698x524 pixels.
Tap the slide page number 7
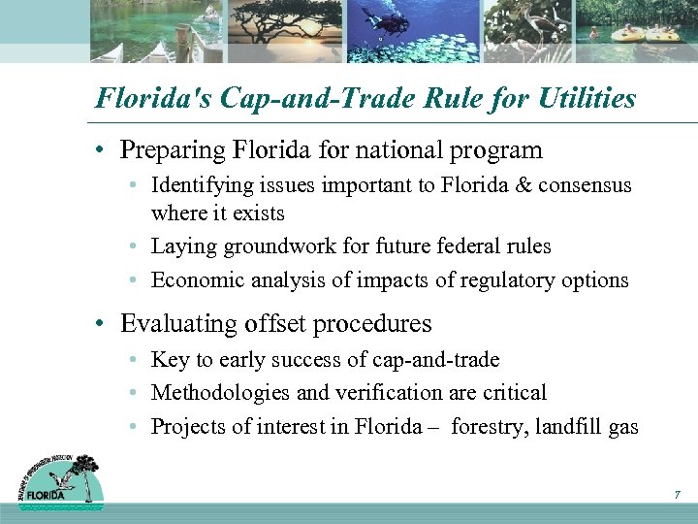(x=677, y=496)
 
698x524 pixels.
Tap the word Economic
(x=192, y=279)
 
